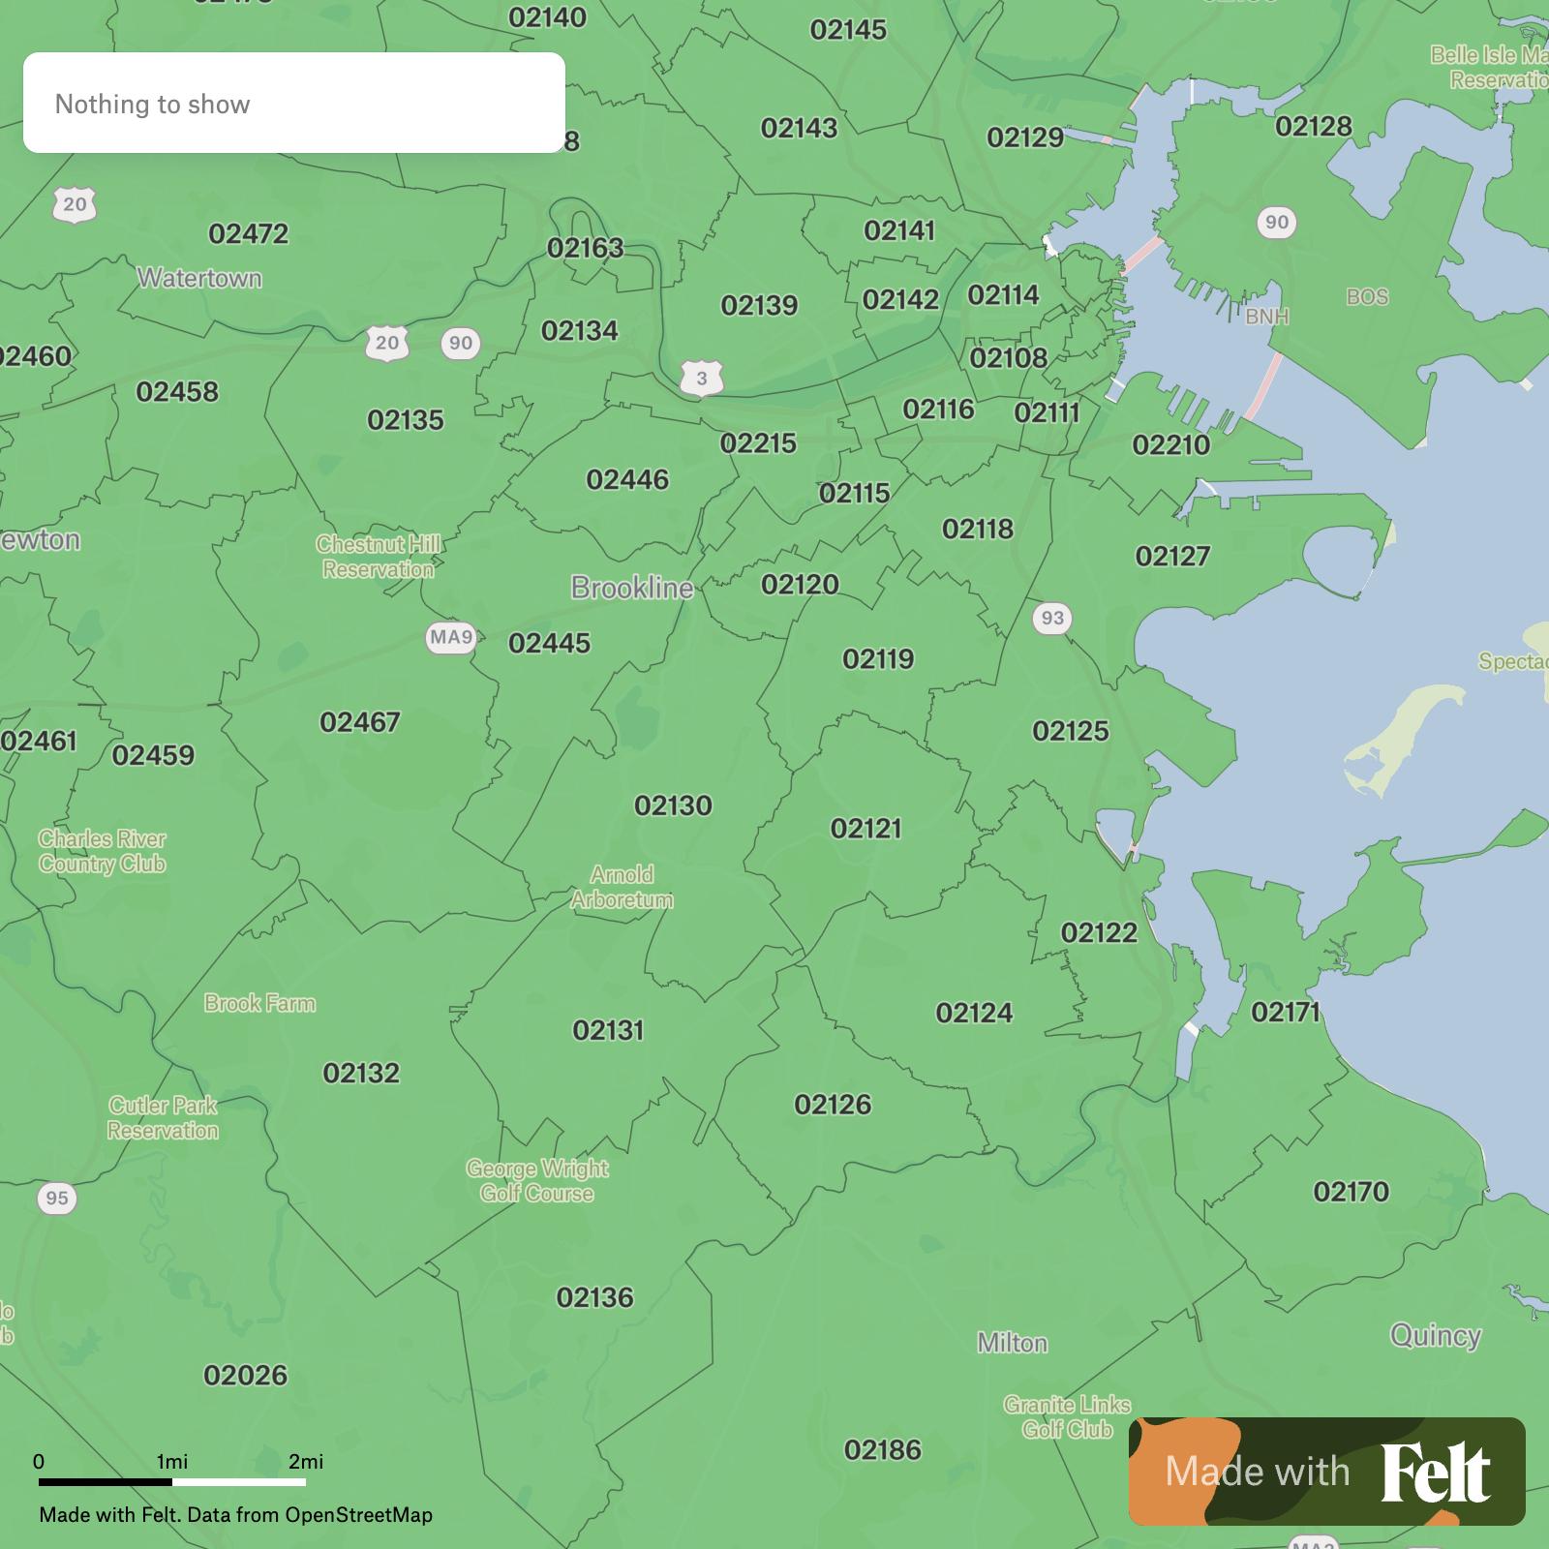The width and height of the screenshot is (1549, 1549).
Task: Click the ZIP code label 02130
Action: pos(673,805)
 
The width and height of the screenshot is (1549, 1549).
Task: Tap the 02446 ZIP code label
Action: pos(627,479)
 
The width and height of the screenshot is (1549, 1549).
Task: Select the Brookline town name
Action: pos(632,588)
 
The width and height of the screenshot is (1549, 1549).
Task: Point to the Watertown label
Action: pos(199,279)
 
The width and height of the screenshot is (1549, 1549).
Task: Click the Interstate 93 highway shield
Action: pos(1052,618)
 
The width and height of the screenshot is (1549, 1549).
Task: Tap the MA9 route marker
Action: pos(451,637)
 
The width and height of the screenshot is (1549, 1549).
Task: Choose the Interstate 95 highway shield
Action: pos(57,1199)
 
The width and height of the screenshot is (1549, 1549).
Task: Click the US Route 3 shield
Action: pos(702,379)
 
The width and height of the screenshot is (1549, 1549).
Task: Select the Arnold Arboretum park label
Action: pos(622,887)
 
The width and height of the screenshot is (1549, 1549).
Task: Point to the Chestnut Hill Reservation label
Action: pos(379,557)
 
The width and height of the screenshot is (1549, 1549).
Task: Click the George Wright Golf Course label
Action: pos(537,1181)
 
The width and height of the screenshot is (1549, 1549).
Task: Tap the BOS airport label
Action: pos(1367,297)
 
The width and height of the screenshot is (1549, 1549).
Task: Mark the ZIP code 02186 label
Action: pos(883,1449)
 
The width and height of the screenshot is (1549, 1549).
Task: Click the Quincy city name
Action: pos(1435,1336)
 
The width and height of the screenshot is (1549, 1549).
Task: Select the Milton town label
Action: pos(1012,1343)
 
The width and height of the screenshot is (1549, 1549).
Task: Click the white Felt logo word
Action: pos(1435,1473)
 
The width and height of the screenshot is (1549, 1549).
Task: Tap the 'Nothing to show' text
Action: pos(153,105)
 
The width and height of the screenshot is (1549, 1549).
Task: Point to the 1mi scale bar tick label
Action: pos(172,1461)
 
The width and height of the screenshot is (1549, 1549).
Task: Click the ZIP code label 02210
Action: pos(1170,445)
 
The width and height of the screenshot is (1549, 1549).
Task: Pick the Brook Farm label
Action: pos(259,1003)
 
